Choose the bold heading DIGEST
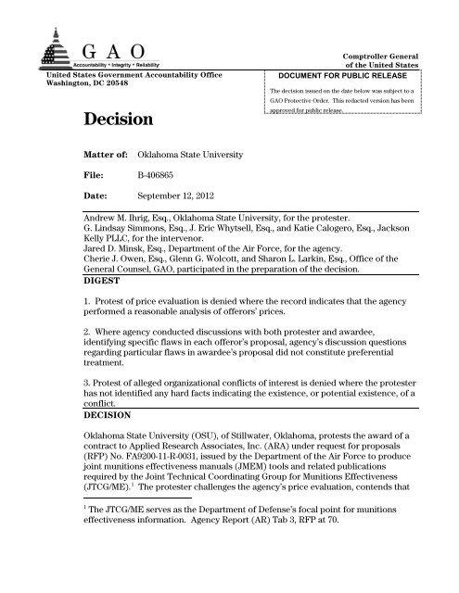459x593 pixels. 83,303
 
